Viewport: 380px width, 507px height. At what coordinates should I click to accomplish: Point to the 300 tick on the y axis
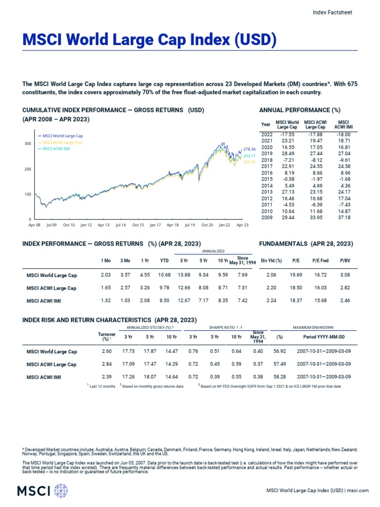tap(28, 144)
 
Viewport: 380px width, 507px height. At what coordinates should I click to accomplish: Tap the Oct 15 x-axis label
tap(138, 225)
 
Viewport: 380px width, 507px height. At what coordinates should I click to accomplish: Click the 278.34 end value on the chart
tap(249, 149)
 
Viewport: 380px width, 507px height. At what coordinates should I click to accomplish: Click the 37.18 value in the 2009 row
tap(343, 217)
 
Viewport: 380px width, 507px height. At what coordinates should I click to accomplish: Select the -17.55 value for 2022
tap(287, 134)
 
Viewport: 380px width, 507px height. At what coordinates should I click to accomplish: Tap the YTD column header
tap(164, 260)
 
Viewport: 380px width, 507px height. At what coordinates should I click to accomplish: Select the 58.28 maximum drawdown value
tap(280, 377)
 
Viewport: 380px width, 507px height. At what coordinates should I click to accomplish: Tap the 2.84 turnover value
tap(106, 364)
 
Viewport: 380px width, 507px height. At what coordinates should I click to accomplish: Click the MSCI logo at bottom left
tap(42, 491)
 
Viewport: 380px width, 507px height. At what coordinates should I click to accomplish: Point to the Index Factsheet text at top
tap(332, 13)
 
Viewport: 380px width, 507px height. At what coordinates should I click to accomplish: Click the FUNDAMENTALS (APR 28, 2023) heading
tap(306, 244)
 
